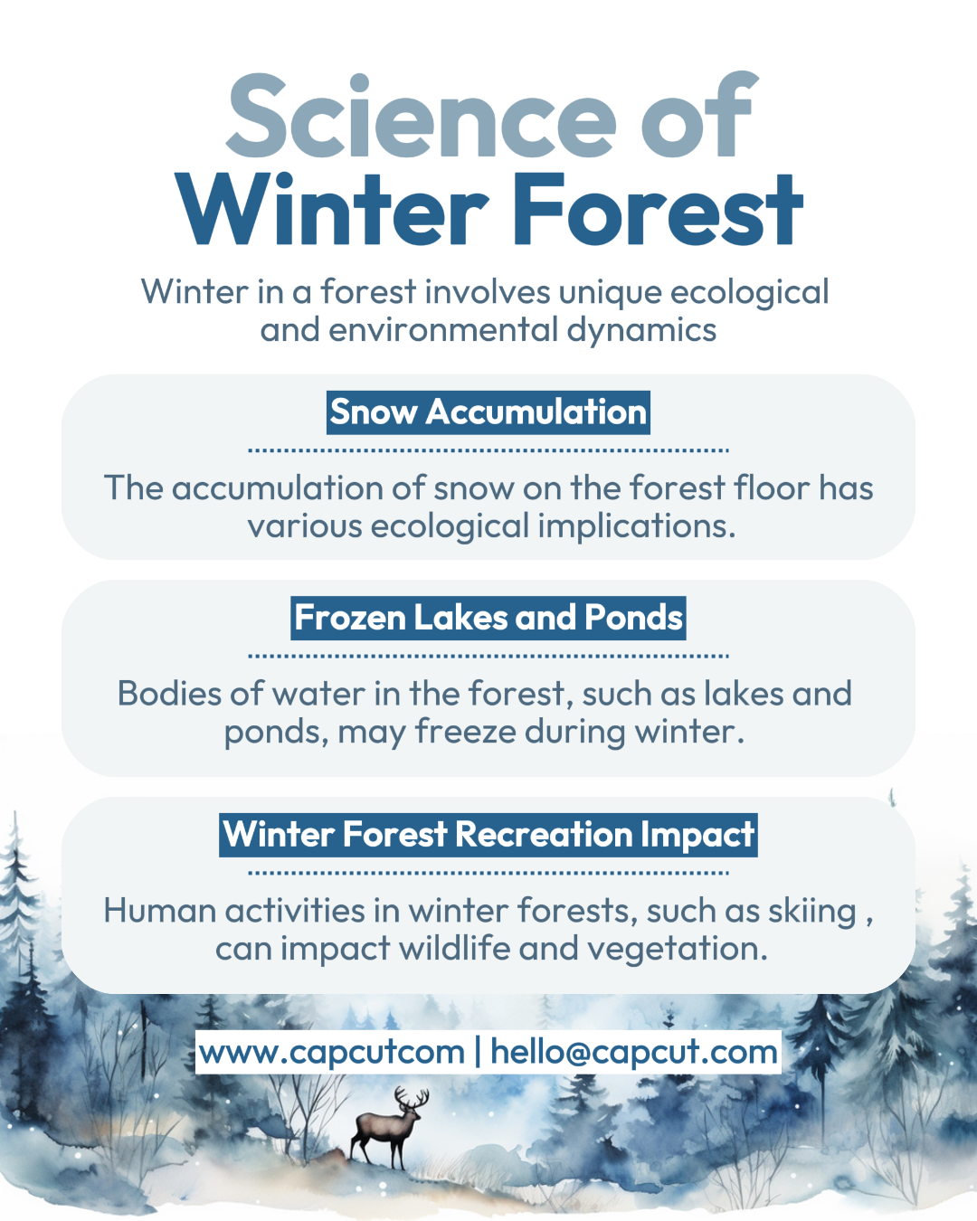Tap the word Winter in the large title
332,209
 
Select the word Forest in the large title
658,209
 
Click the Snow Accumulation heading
488,412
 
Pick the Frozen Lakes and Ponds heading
488,618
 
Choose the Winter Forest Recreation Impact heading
488,835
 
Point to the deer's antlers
413,1098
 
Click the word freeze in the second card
466,732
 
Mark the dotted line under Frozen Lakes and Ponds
488,657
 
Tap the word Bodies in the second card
169,694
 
